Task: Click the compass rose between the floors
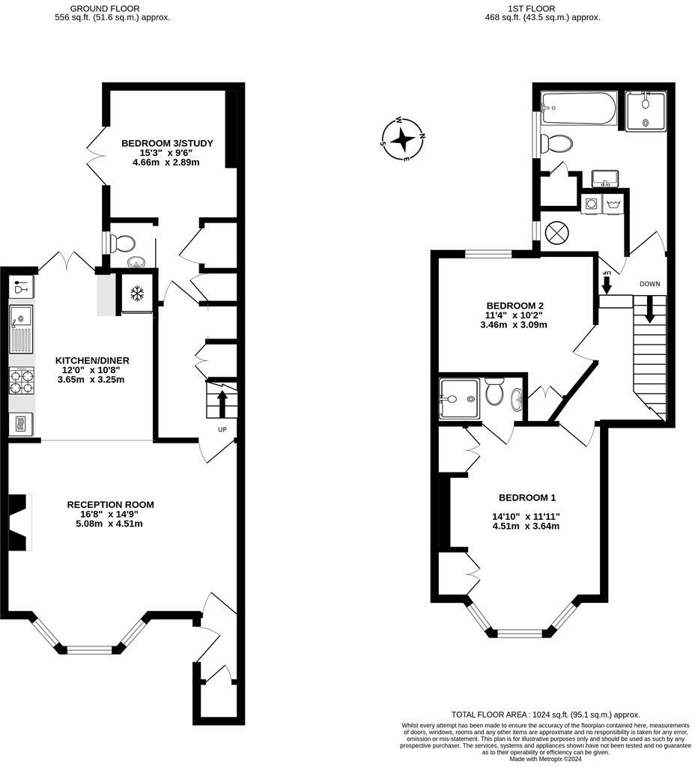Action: click(x=403, y=139)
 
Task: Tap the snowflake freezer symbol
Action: click(x=137, y=294)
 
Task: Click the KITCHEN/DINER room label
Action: click(x=92, y=360)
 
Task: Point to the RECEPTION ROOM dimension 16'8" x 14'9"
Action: click(x=110, y=515)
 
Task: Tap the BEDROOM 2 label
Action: click(x=515, y=306)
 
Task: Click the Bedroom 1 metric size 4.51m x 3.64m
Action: click(x=526, y=526)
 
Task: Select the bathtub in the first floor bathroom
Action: click(x=578, y=109)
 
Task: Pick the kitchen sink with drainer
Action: click(x=21, y=330)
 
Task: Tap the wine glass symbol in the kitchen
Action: click(x=20, y=286)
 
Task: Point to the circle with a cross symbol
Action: click(x=556, y=232)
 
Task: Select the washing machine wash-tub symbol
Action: click(x=613, y=204)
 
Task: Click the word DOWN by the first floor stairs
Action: click(x=649, y=284)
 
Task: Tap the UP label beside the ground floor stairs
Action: click(x=222, y=429)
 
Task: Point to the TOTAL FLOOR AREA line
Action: click(x=545, y=715)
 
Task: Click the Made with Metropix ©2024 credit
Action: click(x=545, y=758)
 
